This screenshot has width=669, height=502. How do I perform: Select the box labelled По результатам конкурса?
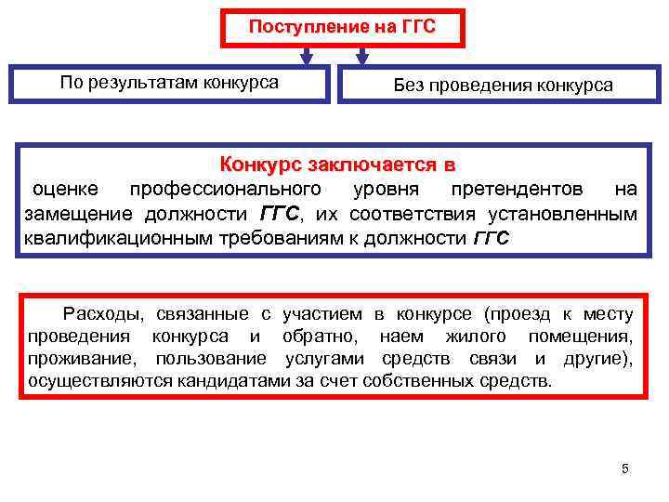click(169, 83)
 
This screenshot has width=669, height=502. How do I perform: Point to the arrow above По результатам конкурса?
click(302, 57)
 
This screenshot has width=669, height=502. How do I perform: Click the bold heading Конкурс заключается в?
click(337, 165)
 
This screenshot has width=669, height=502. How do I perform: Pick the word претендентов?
click(517, 190)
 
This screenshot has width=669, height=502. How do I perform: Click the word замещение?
click(70, 215)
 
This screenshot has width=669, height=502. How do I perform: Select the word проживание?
click(75, 358)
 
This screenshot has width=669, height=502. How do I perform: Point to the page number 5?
click(625, 469)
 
